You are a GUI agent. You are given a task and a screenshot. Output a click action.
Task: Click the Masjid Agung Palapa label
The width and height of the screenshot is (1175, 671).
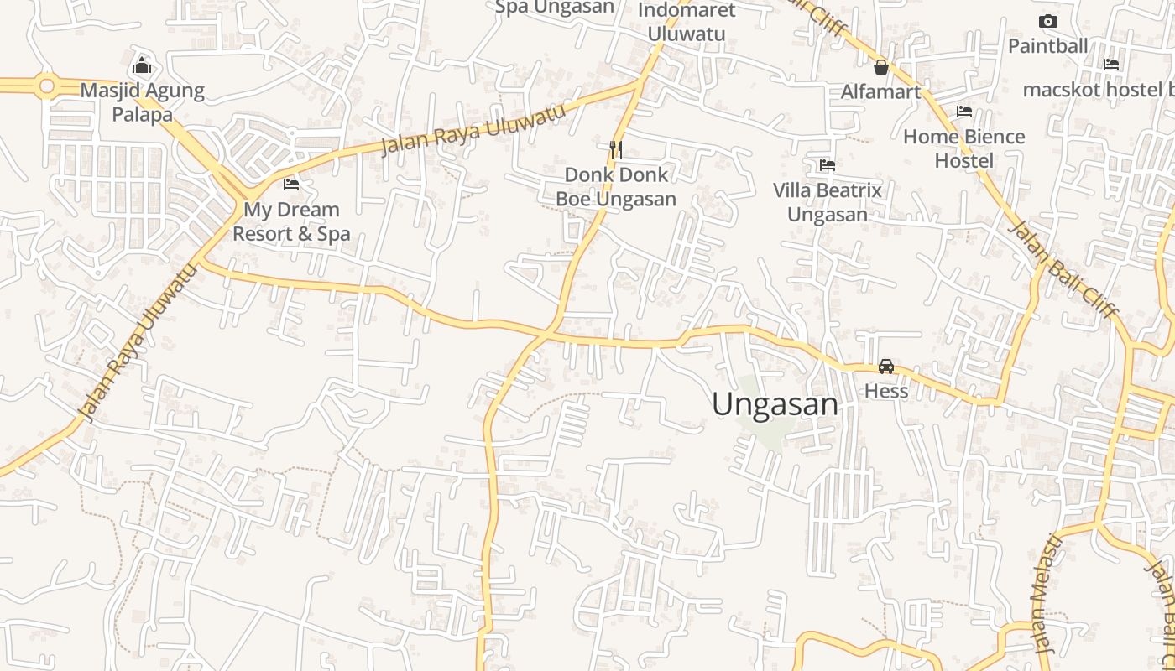[x=142, y=102]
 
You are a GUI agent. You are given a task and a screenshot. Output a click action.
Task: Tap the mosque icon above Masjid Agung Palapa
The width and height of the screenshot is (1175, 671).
[x=142, y=65]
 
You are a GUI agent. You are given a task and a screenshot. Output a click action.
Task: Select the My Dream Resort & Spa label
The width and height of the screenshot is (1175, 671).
[x=290, y=221]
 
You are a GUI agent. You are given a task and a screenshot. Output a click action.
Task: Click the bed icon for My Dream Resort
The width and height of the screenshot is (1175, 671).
[x=291, y=184]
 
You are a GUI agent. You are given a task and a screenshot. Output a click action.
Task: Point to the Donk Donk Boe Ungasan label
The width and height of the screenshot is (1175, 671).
[x=616, y=186]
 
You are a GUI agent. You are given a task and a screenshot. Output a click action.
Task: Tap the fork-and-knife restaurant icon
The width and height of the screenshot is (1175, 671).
[x=616, y=149]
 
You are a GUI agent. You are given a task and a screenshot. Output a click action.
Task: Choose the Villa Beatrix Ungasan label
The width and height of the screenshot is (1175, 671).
[x=828, y=202]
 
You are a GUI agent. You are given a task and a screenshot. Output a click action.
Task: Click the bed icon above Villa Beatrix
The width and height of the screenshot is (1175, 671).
[x=828, y=165]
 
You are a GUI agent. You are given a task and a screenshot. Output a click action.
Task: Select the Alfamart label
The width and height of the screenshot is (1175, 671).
[x=881, y=91]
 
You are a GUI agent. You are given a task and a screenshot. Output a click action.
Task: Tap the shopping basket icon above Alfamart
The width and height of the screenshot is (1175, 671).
[x=881, y=66]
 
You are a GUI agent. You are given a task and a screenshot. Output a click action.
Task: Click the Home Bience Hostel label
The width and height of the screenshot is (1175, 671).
[x=964, y=148]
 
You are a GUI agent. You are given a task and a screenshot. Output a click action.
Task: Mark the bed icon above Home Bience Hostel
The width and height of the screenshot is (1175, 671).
[x=964, y=111]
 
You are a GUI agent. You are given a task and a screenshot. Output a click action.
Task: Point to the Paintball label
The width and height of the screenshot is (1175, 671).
[x=1047, y=46]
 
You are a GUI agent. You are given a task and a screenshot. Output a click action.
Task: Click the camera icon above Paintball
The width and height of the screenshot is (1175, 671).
[x=1047, y=22]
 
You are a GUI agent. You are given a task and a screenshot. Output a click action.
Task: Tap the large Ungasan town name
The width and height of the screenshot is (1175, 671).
[x=775, y=405]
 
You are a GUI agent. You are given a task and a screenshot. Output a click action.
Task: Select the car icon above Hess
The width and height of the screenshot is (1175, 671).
[x=886, y=366]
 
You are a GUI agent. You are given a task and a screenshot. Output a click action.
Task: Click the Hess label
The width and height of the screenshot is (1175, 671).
[x=886, y=391]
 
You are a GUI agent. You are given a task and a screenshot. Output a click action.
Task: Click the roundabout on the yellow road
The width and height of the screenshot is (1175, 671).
[x=46, y=86]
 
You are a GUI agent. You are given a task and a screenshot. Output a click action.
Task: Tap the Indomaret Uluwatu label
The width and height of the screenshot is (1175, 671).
[x=687, y=22]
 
